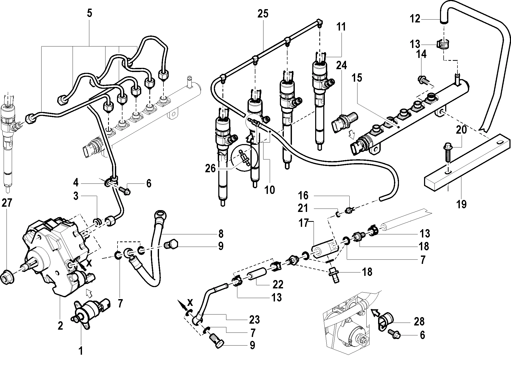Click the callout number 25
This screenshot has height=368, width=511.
[x=263, y=14]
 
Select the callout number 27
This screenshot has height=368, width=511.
[x=7, y=203]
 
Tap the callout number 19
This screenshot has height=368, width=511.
[x=461, y=204]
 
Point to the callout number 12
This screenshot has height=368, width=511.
[x=415, y=19]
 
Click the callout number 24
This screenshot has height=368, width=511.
[x=341, y=65]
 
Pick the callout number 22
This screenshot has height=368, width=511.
[x=278, y=284]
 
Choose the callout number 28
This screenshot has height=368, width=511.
[x=419, y=322]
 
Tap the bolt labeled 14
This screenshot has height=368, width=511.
[x=424, y=80]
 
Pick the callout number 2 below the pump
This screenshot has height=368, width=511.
[x=60, y=325]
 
